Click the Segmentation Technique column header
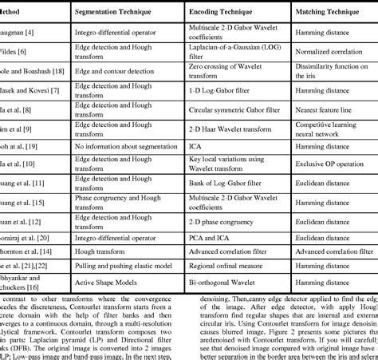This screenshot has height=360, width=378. point(112,14)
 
